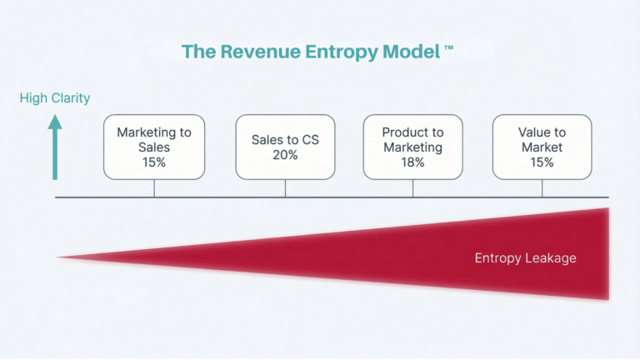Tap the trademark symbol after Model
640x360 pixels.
(x=449, y=49)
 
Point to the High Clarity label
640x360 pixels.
(x=55, y=98)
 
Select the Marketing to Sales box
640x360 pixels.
(x=154, y=147)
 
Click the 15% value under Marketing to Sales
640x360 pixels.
(x=154, y=162)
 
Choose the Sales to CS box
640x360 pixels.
(x=285, y=147)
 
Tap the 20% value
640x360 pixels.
(x=285, y=155)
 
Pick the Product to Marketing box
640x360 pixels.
(x=412, y=147)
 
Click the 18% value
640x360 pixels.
(x=412, y=162)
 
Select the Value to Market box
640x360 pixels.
(x=542, y=147)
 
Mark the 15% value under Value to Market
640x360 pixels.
(x=542, y=162)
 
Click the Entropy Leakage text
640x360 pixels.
(x=525, y=258)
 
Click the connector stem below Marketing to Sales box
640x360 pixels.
(x=154, y=188)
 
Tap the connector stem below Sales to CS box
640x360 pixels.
(x=285, y=188)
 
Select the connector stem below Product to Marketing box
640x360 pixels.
(x=412, y=188)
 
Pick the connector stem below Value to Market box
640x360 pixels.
(x=542, y=188)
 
